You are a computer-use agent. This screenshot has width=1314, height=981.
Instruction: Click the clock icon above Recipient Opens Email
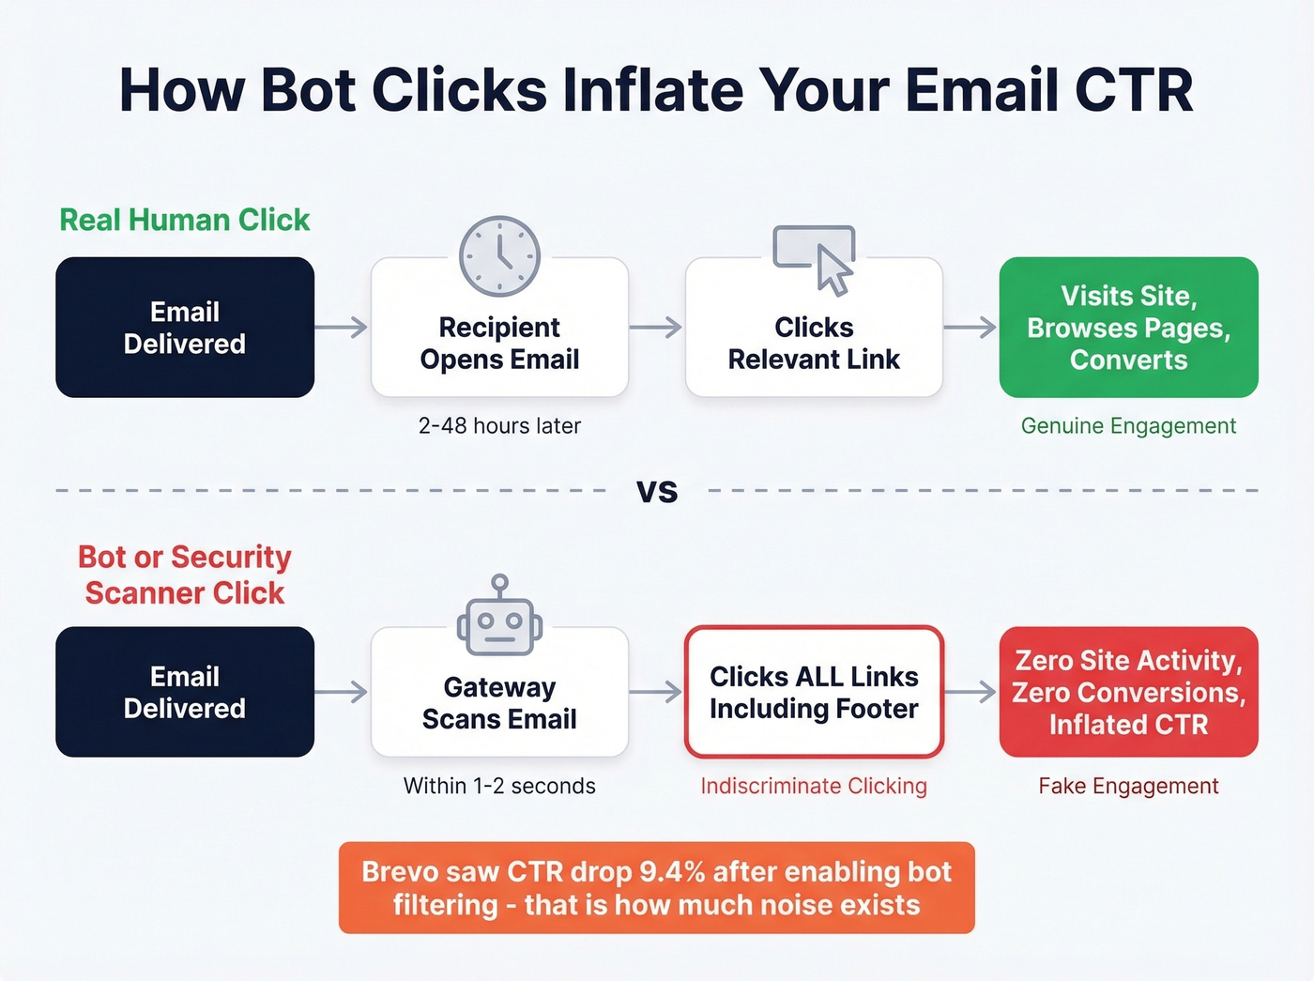tap(499, 256)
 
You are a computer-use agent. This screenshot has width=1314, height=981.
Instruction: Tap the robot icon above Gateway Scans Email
tap(499, 621)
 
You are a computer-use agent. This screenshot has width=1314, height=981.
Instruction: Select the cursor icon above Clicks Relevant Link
tap(814, 258)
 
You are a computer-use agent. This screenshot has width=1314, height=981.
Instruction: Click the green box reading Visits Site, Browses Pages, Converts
tap(1128, 328)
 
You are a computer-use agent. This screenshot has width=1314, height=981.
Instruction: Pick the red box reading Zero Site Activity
tap(1128, 692)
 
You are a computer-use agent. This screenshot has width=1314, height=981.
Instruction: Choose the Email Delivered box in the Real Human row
tap(185, 328)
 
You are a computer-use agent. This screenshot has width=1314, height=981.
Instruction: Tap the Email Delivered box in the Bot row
tap(185, 692)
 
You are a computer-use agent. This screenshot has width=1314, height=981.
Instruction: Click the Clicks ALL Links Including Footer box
tap(814, 692)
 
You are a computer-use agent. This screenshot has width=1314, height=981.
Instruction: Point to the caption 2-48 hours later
tap(499, 426)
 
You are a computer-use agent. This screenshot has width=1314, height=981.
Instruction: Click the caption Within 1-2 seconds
tap(499, 786)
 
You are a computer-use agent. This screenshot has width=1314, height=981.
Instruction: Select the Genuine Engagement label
tap(1128, 426)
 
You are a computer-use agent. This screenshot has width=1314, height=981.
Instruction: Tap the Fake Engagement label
tap(1128, 786)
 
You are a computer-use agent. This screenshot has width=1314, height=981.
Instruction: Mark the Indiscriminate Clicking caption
tap(814, 786)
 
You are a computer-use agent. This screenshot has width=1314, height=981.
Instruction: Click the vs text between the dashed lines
tap(657, 491)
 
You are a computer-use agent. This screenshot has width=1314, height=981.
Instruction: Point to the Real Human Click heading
tap(185, 220)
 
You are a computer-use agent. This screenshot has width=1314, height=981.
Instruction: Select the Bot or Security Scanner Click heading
tap(185, 575)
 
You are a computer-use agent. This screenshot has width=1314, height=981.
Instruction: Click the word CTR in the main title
tap(1134, 91)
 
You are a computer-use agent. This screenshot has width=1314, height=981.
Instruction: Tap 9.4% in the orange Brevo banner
tap(672, 872)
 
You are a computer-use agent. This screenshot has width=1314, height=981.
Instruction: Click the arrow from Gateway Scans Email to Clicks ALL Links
tap(656, 693)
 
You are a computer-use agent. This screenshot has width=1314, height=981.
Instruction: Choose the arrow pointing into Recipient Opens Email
tap(342, 328)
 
